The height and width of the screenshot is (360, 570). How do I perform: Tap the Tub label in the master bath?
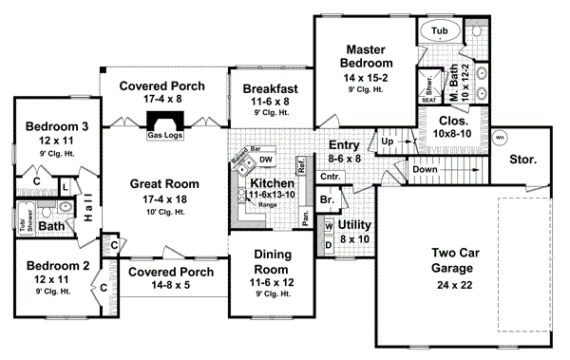point(439,31)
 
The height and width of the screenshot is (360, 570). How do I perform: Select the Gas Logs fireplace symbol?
point(164,123)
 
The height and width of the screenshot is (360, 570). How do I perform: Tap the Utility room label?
point(351,225)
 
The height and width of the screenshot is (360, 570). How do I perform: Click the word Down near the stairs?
point(427,171)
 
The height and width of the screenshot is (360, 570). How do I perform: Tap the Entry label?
point(344,144)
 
